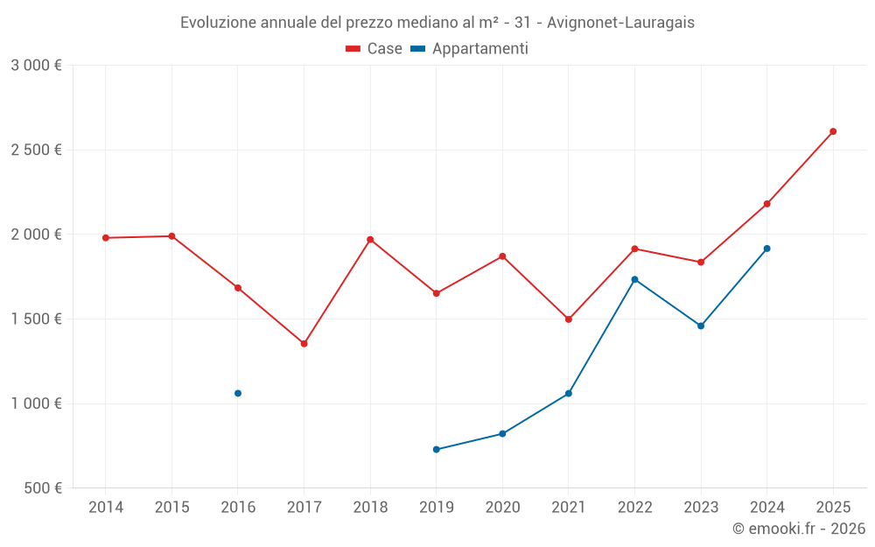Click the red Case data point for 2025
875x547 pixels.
click(833, 131)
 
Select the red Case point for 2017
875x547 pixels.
click(304, 344)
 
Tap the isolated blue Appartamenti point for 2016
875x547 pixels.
click(238, 394)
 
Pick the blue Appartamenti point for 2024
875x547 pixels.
click(766, 249)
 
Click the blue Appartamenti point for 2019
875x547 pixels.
click(436, 450)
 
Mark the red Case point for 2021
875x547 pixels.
click(569, 319)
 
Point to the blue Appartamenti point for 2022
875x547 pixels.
click(634, 279)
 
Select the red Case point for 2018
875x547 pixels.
click(370, 240)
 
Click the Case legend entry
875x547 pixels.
click(374, 49)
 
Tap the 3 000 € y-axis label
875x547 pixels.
click(36, 66)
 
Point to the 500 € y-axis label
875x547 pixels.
click(42, 488)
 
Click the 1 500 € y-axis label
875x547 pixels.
click(36, 319)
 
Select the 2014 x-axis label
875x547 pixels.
click(106, 508)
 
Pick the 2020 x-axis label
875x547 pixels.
click(502, 508)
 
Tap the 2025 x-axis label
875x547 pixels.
click(833, 508)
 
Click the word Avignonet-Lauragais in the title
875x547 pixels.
click(620, 23)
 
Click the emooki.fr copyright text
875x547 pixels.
click(798, 529)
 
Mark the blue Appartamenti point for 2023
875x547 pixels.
click(701, 326)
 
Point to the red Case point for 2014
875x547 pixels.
click(106, 238)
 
